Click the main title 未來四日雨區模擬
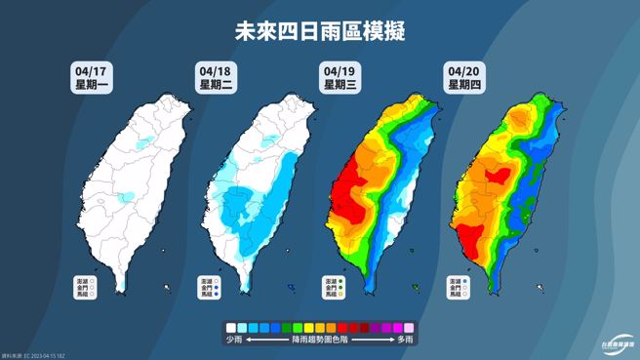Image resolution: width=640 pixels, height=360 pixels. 320,30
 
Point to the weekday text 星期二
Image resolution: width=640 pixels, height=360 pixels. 214,85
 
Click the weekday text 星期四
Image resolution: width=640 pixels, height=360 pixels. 463,85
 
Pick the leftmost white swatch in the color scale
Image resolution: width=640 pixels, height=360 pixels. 230,328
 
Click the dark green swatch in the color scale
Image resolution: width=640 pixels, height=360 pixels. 297,328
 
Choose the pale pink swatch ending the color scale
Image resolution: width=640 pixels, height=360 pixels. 410,328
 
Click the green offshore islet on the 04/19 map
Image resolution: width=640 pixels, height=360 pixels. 416,287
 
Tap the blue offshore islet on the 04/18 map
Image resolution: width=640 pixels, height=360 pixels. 291,287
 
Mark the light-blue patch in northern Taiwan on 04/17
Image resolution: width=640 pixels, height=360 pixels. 143,143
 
